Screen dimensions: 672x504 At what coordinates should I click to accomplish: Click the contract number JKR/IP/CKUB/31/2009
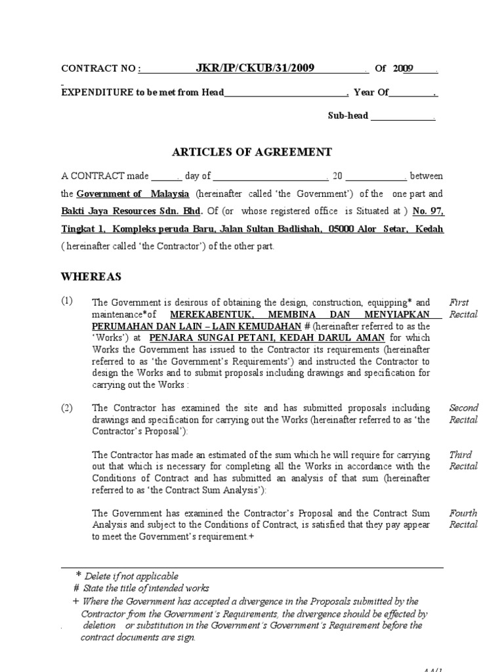tap(255, 68)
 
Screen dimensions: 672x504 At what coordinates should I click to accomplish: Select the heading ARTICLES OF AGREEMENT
tap(252, 152)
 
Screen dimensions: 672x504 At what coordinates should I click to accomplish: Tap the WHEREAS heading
tap(91, 276)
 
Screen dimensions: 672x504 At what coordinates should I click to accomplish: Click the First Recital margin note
tap(463, 308)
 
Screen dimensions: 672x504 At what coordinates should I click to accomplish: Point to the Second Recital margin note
tap(463, 413)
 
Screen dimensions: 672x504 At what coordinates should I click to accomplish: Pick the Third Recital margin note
tap(463, 460)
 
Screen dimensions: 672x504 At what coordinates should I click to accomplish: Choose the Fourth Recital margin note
tap(463, 518)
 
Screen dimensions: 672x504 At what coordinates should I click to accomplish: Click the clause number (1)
tap(68, 301)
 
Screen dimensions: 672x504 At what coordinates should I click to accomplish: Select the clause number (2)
tap(68, 408)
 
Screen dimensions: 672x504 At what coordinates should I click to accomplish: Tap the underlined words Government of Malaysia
tap(133, 194)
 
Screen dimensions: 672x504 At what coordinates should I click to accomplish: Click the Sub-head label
tap(348, 116)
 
